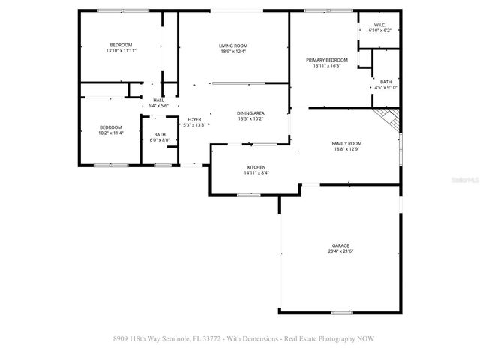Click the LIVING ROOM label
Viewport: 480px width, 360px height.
point(233,46)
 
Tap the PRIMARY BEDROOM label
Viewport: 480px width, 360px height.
point(326,59)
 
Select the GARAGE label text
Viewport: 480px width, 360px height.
point(341,245)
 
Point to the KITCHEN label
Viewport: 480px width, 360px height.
point(256,167)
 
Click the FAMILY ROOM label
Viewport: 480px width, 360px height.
point(346,143)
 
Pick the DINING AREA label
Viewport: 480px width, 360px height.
point(250,112)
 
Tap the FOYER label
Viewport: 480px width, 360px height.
point(194,119)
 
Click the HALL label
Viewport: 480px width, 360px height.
point(158,100)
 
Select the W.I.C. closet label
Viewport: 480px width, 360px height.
point(379,25)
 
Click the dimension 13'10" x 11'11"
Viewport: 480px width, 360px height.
point(121,51)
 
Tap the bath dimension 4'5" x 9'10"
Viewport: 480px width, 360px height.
point(385,88)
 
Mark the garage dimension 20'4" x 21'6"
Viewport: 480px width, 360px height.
point(341,251)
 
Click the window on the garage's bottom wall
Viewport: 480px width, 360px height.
point(342,312)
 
